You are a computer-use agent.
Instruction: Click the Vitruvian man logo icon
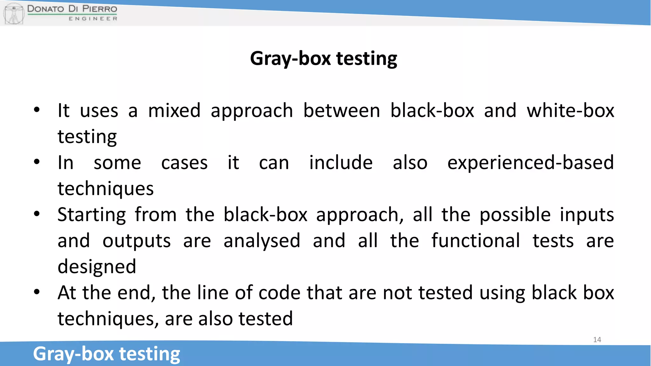click(14, 13)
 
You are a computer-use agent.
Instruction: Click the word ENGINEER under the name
click(93, 19)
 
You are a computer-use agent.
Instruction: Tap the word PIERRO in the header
click(99, 9)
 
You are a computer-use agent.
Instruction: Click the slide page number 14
click(597, 340)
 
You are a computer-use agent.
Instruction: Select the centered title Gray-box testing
click(324, 58)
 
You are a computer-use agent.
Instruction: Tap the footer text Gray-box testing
click(106, 354)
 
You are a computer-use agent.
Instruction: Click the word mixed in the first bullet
click(174, 111)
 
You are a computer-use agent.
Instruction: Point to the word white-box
click(570, 111)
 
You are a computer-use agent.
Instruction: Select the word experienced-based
click(530, 163)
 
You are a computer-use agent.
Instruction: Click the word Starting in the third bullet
click(92, 215)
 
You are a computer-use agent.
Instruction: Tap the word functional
click(476, 241)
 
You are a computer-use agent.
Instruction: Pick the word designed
click(97, 267)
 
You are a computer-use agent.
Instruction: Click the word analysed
click(262, 241)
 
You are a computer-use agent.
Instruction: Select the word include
click(341, 163)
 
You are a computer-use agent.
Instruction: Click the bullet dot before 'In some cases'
click(37, 162)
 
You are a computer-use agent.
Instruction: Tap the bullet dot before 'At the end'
click(37, 292)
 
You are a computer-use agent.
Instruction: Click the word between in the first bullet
click(341, 111)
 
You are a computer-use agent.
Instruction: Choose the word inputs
click(586, 215)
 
